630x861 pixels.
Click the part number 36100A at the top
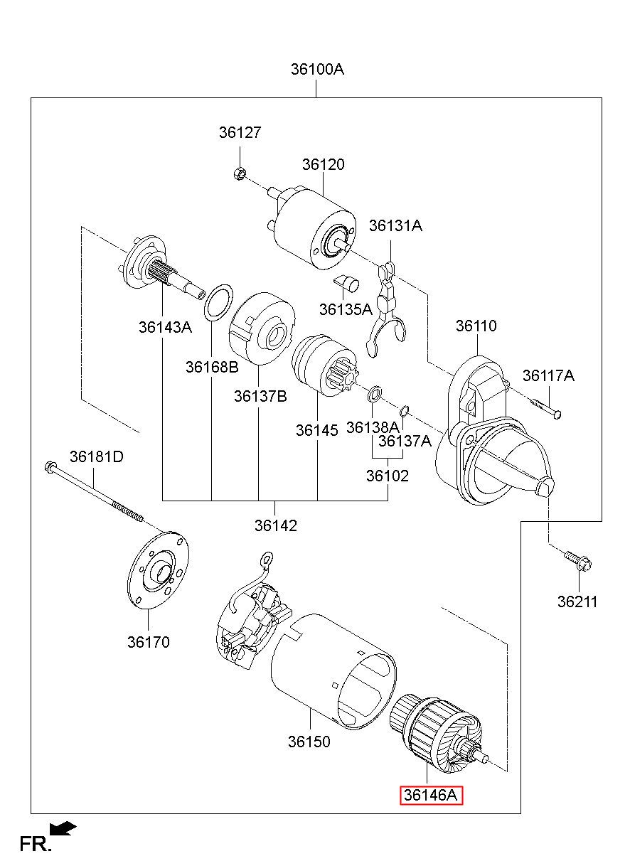point(317,70)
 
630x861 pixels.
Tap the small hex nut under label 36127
point(239,173)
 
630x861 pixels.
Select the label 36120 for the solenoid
point(323,164)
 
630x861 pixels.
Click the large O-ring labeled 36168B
point(218,302)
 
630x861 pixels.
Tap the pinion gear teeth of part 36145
point(341,375)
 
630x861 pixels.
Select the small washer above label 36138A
point(375,394)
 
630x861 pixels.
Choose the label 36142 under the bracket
point(276,525)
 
